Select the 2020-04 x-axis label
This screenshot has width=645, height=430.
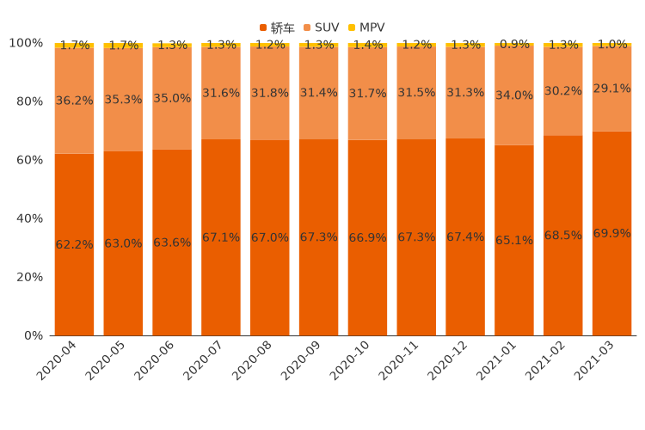(x=57, y=361)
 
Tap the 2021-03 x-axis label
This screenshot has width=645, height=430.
(x=595, y=361)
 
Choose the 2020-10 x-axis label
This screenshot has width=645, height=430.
(x=351, y=361)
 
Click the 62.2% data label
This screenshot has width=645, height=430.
(x=74, y=244)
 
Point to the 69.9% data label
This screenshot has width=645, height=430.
(x=612, y=233)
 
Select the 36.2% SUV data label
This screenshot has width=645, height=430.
(x=74, y=101)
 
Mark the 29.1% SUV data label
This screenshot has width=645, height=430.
(x=612, y=89)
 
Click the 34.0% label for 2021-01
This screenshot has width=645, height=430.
(x=514, y=95)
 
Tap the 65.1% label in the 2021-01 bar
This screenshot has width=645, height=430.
(x=514, y=240)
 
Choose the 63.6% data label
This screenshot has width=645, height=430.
(x=172, y=243)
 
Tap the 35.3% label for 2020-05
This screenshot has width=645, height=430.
(x=123, y=100)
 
